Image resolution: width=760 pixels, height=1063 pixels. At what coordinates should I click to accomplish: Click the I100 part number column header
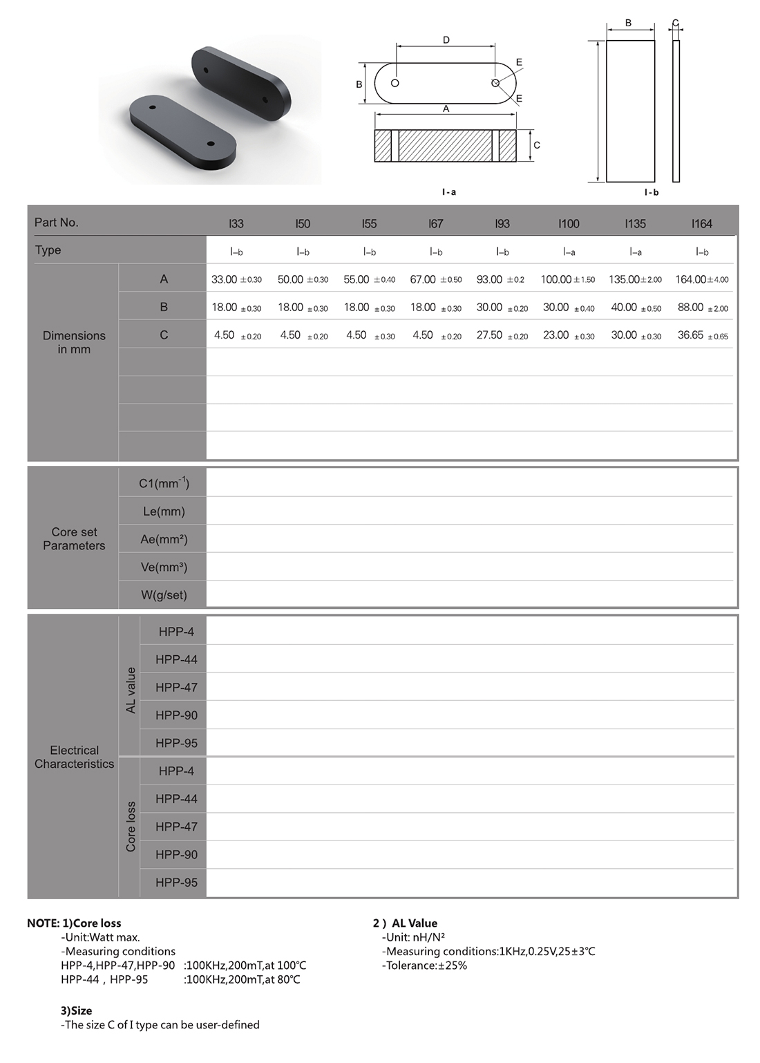tap(569, 224)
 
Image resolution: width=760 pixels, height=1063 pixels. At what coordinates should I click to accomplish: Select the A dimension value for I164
tap(701, 280)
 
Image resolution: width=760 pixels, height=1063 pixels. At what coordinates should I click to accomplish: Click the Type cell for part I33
tap(236, 252)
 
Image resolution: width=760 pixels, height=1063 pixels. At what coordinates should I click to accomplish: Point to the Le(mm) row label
tap(163, 511)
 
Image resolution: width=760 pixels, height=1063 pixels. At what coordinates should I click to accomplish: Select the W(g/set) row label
tap(164, 595)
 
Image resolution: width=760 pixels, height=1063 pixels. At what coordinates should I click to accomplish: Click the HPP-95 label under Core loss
tap(176, 883)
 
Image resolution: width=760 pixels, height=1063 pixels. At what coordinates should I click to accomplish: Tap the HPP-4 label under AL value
tap(176, 632)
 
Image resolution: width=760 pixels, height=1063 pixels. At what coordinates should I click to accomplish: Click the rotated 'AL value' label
tap(131, 690)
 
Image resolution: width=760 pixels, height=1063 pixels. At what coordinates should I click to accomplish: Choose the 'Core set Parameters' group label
tap(74, 538)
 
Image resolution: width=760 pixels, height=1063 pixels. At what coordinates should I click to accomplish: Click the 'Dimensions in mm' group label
tap(74, 342)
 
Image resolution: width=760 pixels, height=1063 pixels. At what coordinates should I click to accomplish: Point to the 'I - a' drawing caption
tap(449, 192)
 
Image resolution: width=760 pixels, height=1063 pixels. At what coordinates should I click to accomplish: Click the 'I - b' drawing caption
tap(651, 192)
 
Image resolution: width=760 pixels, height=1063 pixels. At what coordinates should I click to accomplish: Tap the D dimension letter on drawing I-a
tap(446, 40)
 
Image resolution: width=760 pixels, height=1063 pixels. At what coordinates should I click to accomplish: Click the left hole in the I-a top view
tap(395, 83)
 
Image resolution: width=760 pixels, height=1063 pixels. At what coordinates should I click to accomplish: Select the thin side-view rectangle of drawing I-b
tap(676, 111)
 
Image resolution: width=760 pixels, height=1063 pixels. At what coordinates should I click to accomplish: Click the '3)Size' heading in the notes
tap(76, 1010)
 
